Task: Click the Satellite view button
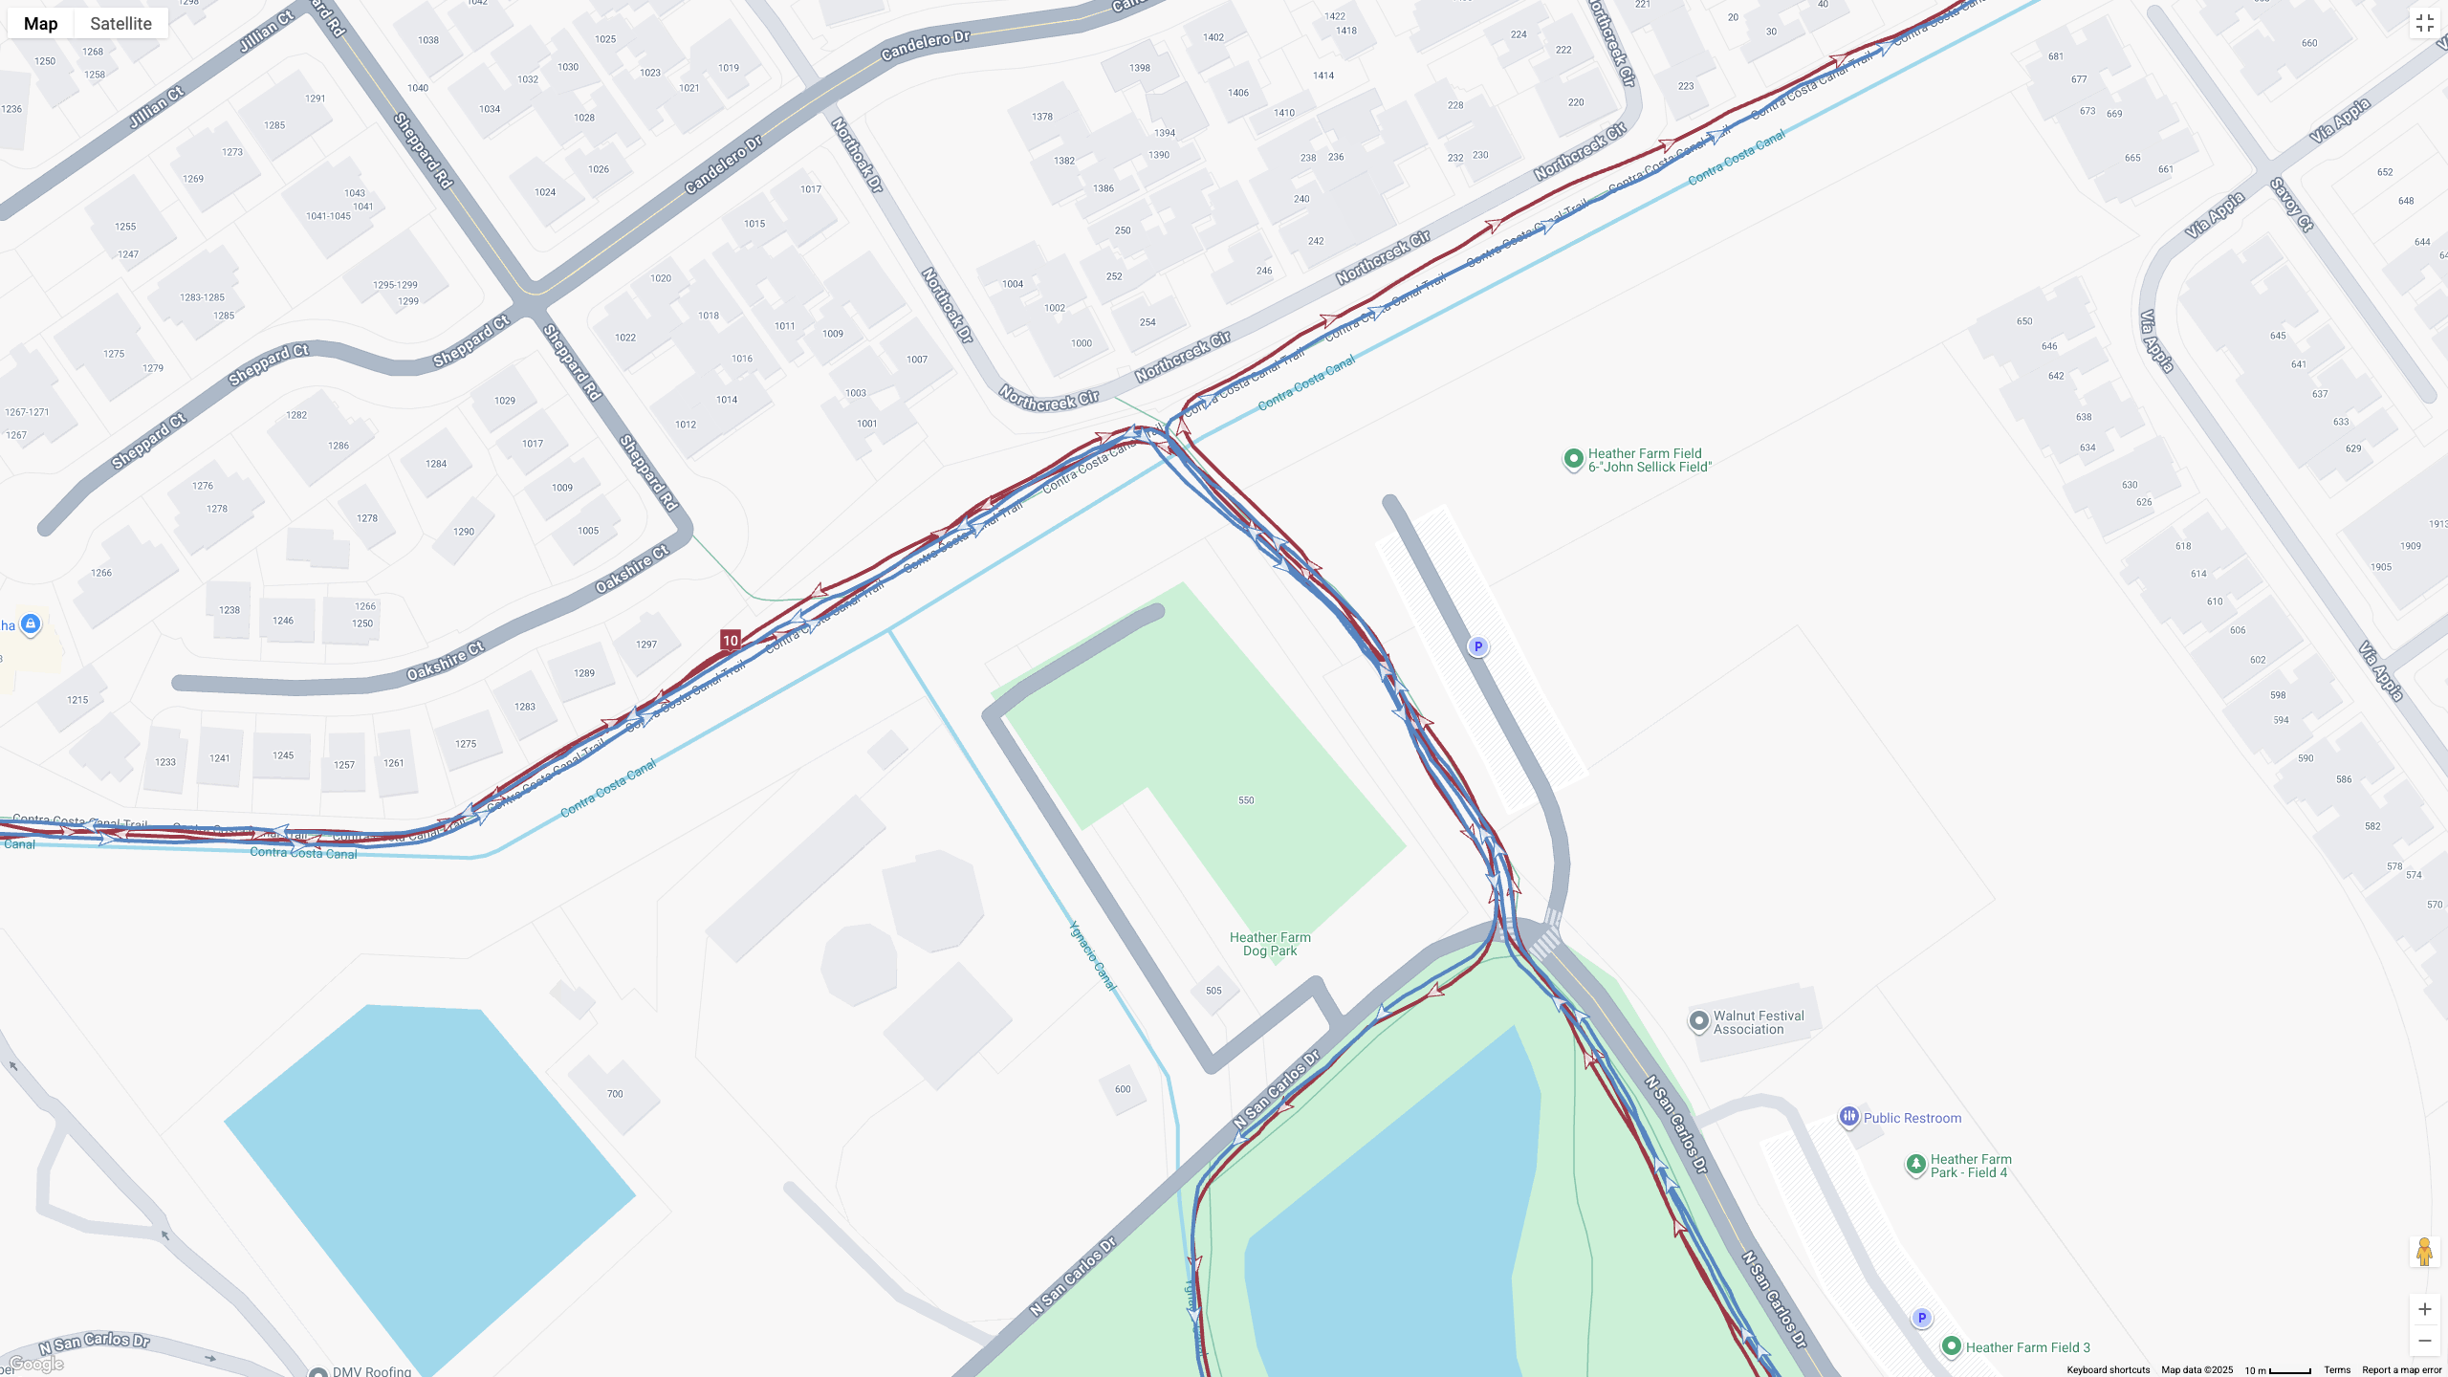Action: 120,23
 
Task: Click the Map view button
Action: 40,23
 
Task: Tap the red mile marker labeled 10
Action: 731,641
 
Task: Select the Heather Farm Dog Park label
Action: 1270,944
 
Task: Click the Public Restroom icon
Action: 1848,1116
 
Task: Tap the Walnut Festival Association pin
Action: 1698,1021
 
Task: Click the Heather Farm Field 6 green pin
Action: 1573,460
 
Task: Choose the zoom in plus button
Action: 2424,1309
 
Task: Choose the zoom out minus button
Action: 2424,1341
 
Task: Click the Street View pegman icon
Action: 2424,1252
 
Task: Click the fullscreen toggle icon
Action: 2424,24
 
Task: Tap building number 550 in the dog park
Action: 1246,800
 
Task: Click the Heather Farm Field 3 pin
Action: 1952,1346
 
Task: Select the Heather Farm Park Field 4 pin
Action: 1915,1164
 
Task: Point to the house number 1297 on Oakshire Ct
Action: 646,645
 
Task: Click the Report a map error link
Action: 2401,1370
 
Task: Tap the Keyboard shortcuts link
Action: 2108,1370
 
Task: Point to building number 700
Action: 615,1094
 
